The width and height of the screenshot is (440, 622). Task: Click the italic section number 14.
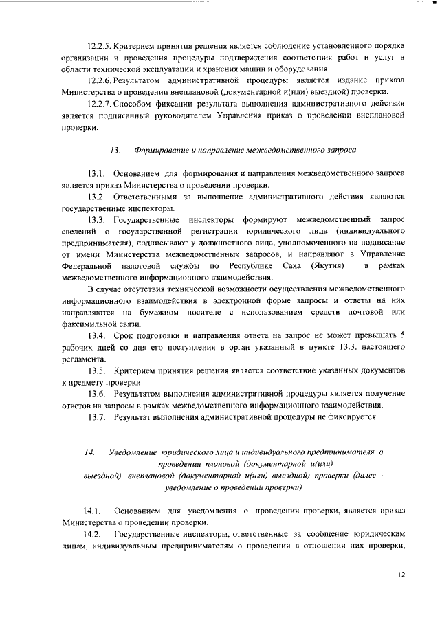(x=89, y=452)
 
